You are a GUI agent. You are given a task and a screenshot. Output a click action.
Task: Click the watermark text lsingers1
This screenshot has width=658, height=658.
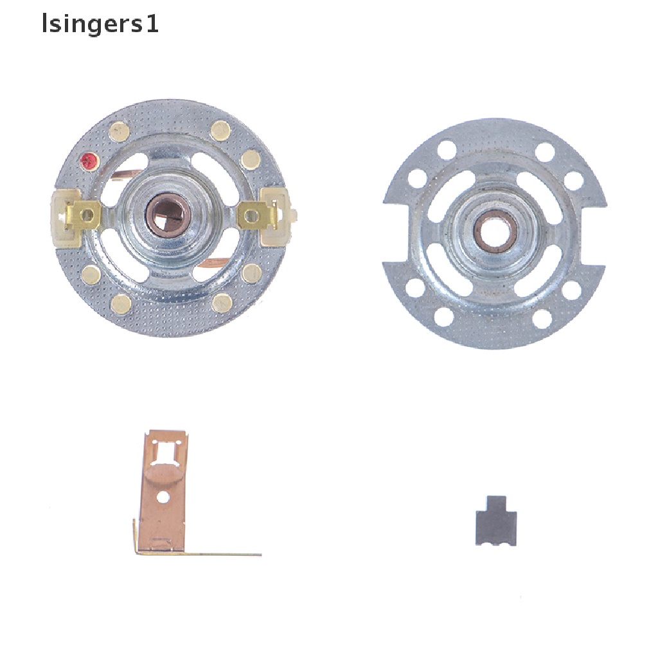coord(100,25)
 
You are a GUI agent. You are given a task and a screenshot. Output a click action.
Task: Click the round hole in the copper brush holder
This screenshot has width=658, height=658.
coord(164,497)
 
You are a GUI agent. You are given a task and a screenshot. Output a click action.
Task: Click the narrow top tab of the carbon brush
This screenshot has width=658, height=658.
coord(496,502)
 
